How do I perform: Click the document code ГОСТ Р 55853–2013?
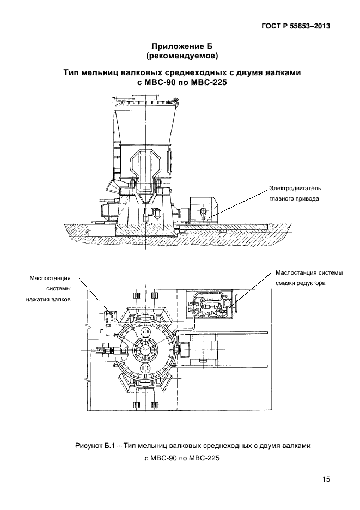tap(296, 26)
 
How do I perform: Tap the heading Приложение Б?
tap(182, 46)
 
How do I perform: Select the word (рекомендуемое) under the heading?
tap(182, 56)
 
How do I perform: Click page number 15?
tap(326, 479)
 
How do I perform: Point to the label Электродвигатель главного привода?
tap(295, 193)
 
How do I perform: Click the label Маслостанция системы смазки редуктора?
tap(309, 278)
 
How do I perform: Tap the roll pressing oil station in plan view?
tap(110, 318)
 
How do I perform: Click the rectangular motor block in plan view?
tap(203, 350)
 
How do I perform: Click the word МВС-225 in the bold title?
tap(209, 82)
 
